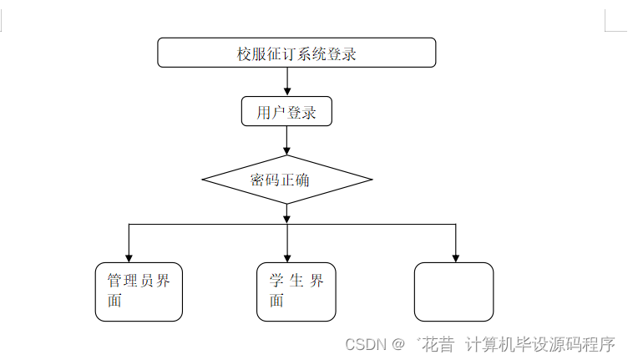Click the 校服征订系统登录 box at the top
(x=296, y=53)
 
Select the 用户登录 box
(x=286, y=112)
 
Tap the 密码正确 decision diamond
(x=286, y=180)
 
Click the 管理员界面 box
(x=139, y=292)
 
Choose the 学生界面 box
(x=296, y=292)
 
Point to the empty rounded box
(x=453, y=292)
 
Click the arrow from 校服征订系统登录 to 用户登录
(x=287, y=82)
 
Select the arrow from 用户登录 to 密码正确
(x=287, y=140)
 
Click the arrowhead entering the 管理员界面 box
(x=129, y=257)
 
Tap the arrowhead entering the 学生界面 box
(x=287, y=257)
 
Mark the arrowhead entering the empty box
(x=455, y=257)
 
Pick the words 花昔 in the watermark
(x=438, y=344)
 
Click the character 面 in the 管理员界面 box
(x=114, y=302)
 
